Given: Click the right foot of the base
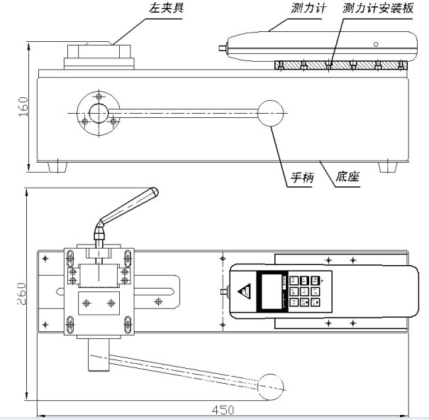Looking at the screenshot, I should click(387, 167).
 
